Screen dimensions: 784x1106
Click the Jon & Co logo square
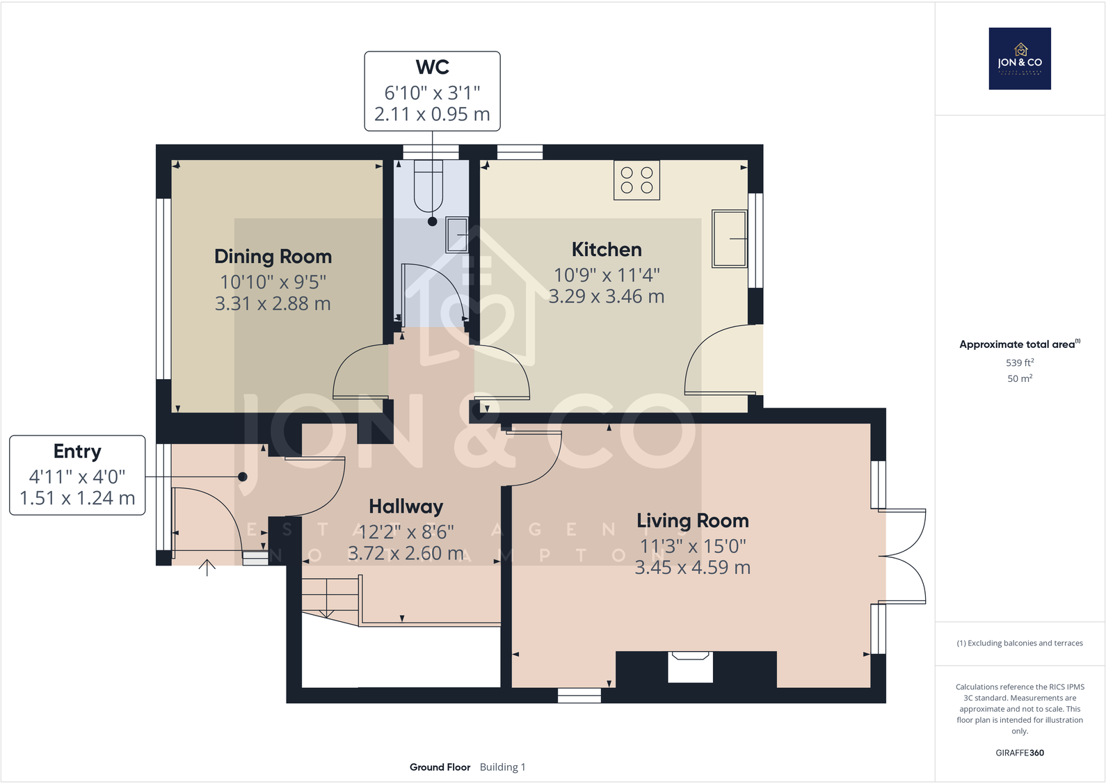(x=1020, y=58)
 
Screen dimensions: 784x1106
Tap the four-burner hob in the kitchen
(x=636, y=180)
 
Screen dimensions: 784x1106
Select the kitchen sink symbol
(x=729, y=239)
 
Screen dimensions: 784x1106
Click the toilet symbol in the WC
(x=428, y=185)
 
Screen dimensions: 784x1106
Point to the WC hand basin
(x=457, y=234)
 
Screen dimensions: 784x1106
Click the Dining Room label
(x=273, y=257)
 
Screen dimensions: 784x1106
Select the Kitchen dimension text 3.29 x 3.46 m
(x=607, y=296)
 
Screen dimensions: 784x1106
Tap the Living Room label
(x=693, y=520)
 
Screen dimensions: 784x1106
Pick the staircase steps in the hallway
(x=330, y=597)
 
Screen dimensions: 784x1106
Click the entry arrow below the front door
(x=207, y=567)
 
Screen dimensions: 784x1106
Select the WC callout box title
(x=432, y=67)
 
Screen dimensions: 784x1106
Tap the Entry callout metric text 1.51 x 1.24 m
(x=77, y=498)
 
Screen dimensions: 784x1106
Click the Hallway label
(x=406, y=506)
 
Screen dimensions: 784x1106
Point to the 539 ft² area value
(x=1019, y=362)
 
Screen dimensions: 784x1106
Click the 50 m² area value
(x=1019, y=378)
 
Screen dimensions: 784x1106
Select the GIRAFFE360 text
(x=1019, y=753)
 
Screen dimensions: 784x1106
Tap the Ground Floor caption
(x=440, y=767)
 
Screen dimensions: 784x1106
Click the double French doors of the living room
(x=904, y=556)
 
